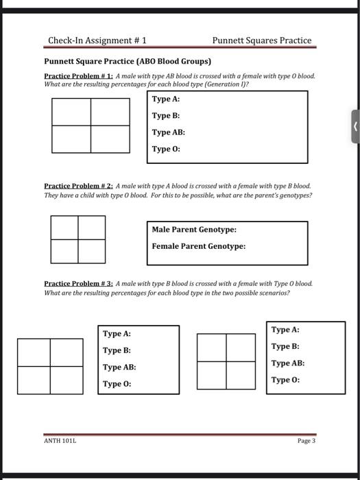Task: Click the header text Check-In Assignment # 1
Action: [x=97, y=40]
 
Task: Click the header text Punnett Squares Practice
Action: [x=261, y=40]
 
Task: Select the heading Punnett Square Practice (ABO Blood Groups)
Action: [x=128, y=61]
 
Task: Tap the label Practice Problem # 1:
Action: [x=79, y=76]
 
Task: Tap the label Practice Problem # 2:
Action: [x=79, y=186]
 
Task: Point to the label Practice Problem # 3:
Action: [x=79, y=283]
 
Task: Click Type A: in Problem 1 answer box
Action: [x=166, y=99]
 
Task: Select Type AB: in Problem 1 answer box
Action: [x=169, y=132]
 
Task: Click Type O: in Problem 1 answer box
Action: [x=166, y=149]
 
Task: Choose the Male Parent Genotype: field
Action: [x=194, y=230]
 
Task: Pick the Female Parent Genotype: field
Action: [x=198, y=246]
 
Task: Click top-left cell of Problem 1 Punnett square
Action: [x=71, y=112]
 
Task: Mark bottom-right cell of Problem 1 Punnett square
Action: [x=110, y=139]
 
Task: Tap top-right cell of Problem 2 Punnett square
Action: [x=92, y=228]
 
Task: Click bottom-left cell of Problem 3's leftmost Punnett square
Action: [x=34, y=380]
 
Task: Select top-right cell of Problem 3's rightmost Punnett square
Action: [x=240, y=347]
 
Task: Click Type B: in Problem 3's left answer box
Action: [x=117, y=350]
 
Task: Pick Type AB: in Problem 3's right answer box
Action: [x=288, y=363]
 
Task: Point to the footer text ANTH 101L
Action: [x=61, y=441]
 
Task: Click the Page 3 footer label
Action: [x=307, y=441]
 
